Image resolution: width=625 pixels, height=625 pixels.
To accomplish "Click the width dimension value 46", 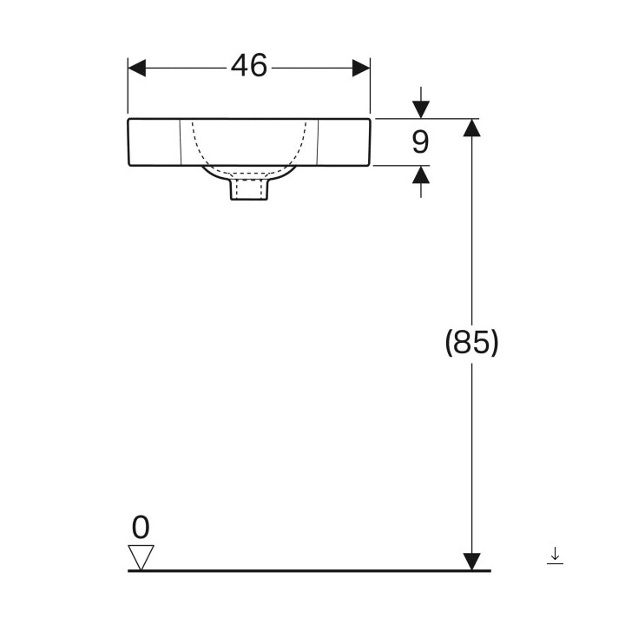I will (249, 66).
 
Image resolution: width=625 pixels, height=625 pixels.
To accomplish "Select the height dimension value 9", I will (420, 141).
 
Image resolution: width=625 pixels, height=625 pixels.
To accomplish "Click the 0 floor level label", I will (140, 527).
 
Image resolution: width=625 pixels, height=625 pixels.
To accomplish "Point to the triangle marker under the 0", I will (140, 556).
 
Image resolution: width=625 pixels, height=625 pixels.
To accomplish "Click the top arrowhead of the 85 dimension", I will (471, 128).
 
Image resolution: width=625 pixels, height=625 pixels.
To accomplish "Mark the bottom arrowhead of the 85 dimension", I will (471, 561).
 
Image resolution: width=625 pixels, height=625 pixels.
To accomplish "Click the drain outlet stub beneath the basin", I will (249, 189).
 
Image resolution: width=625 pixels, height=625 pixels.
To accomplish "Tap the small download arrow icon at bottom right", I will (555, 556).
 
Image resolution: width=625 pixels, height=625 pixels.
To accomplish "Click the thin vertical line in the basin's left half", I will (180, 142).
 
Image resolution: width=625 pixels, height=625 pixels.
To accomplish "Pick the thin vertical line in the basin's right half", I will (318, 142).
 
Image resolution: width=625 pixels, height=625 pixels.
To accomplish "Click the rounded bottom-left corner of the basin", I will (131, 163).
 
